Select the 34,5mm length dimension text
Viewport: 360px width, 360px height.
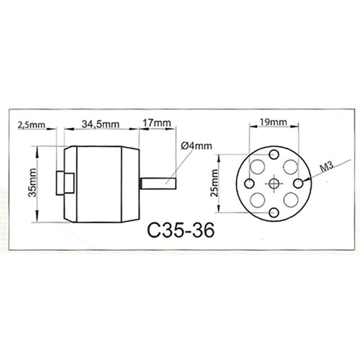99,124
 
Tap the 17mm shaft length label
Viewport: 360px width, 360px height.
156,124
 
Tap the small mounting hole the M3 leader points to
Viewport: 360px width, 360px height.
303,184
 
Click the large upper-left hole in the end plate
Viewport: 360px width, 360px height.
256,167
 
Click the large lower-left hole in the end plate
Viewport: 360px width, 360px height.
256,202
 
